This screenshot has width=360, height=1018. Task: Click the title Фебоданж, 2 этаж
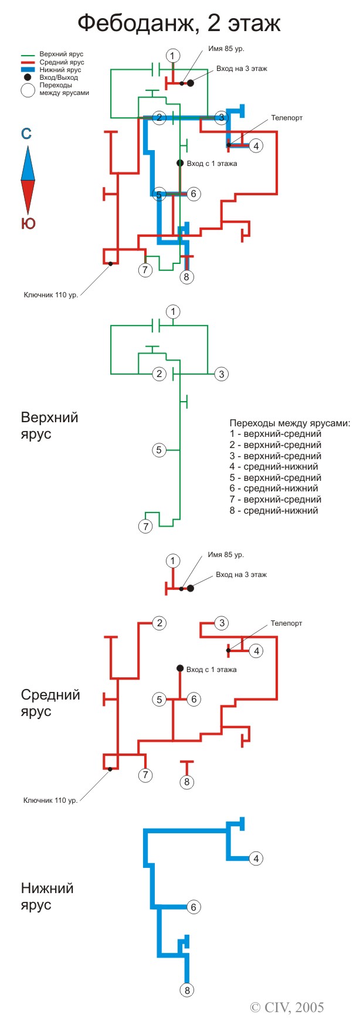179,24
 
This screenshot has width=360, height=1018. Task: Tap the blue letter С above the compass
26,134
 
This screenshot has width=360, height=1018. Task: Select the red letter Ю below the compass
28,223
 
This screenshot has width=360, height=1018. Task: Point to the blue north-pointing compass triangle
28,163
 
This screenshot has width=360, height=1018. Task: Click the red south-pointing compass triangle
28,197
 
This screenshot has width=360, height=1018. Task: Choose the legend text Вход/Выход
59,77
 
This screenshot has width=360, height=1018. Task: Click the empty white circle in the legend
28,90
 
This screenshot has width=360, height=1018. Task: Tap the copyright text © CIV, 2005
287,1007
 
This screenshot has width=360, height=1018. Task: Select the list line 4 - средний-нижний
274,467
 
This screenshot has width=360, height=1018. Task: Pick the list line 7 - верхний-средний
276,500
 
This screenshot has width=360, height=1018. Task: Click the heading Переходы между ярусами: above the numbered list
290,423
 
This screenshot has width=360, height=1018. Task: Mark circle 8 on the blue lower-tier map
187,990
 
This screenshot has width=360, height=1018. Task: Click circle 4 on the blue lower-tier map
256,858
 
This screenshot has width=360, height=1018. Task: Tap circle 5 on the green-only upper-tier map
159,450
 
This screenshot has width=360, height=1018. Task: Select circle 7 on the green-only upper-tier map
145,526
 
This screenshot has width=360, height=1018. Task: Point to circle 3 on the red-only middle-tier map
221,623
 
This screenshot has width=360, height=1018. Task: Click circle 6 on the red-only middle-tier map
193,699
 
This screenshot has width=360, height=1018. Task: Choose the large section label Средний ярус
50,703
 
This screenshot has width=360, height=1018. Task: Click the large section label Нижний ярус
47,896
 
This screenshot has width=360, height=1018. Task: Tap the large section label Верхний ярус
49,426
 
